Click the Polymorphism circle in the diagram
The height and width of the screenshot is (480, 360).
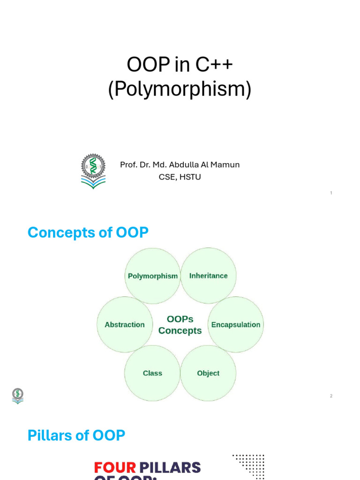153,276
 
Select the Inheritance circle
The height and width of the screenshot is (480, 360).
208,276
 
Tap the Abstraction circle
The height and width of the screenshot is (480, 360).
125,324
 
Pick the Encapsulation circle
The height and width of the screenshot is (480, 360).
235,324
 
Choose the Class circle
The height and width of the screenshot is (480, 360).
152,373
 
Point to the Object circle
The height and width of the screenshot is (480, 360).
208,373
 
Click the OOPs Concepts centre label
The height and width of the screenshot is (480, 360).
180,325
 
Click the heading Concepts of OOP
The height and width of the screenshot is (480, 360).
88,232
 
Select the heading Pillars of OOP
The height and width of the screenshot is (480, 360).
76,435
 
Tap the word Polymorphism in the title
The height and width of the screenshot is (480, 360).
180,89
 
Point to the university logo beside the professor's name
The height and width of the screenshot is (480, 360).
93,171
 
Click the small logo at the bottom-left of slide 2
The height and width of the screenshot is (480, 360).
18,396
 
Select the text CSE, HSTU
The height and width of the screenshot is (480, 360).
180,177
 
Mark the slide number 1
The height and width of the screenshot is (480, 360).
331,193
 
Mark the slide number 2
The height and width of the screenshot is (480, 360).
331,396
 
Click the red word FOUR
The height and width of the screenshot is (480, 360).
115,467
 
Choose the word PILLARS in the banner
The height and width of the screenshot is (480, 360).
170,467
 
